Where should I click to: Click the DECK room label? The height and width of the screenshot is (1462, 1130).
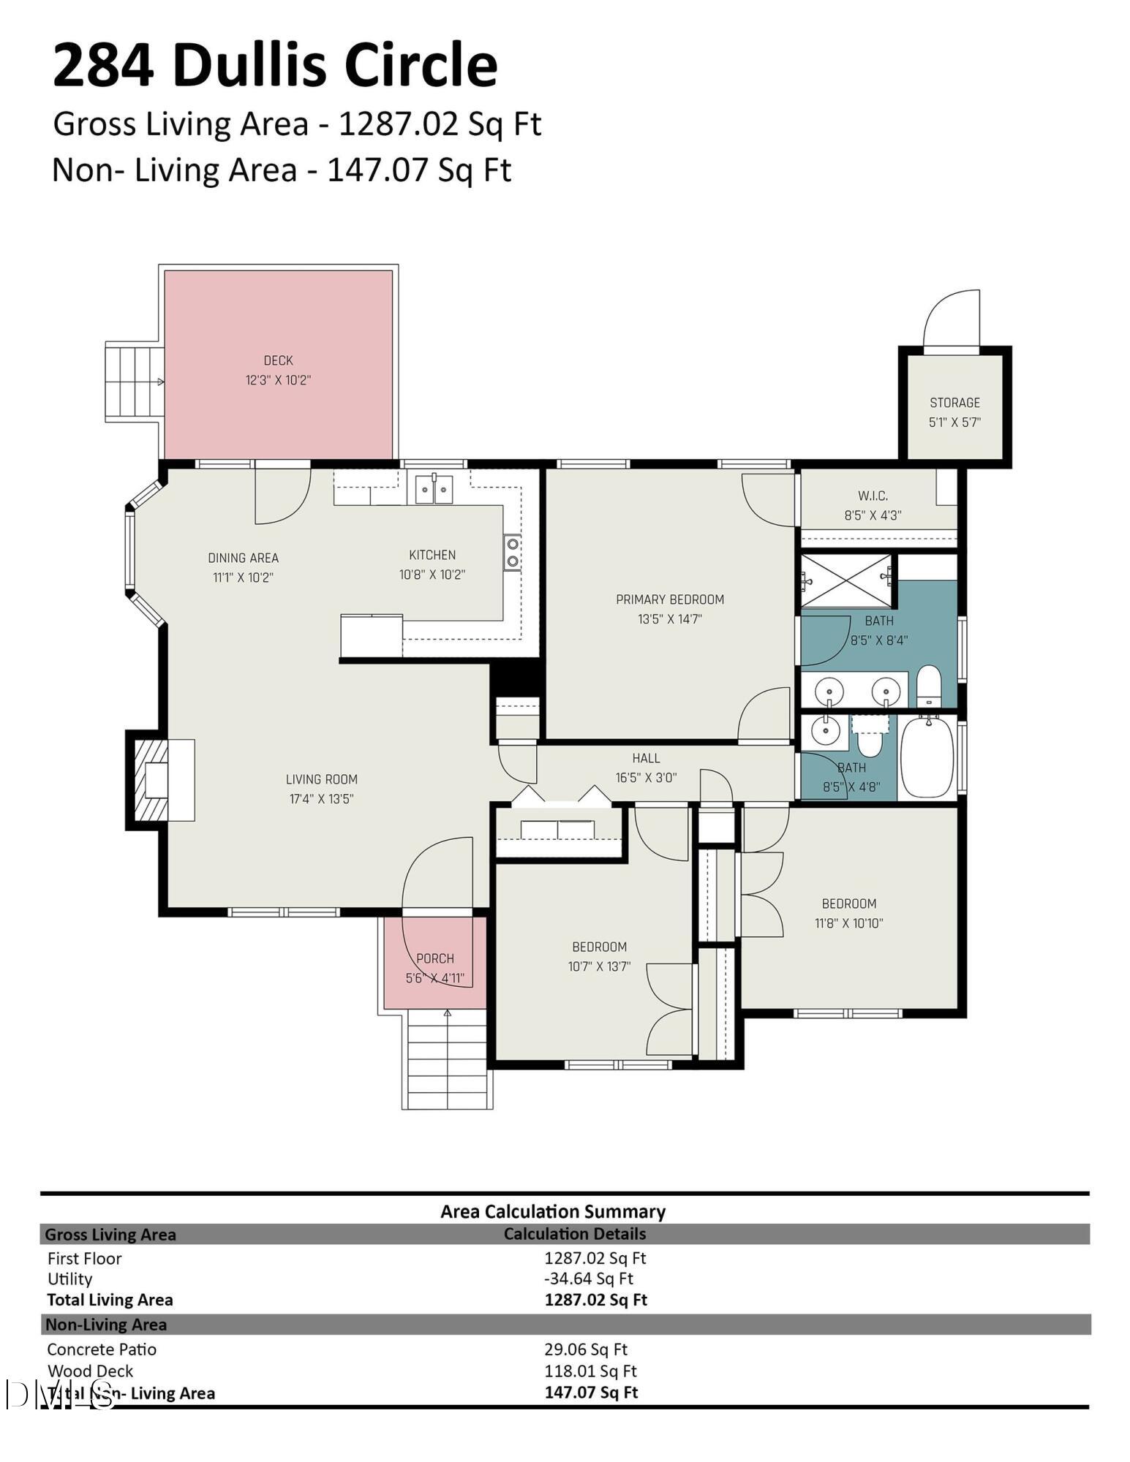pos(278,360)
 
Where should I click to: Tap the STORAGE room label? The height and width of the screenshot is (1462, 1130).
pos(954,403)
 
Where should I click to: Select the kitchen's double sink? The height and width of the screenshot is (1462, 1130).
pos(434,489)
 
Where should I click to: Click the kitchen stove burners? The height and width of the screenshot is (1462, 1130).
pos(512,553)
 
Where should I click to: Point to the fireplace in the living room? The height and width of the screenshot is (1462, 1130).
pos(161,780)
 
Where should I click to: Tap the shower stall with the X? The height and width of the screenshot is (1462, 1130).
pos(847,580)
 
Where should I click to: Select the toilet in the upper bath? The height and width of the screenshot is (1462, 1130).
pos(928,686)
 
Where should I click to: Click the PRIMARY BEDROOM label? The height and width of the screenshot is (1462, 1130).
pos(670,600)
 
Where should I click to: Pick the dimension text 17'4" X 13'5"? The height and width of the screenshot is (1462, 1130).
pos(322,799)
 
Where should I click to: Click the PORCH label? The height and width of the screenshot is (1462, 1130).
pos(435,958)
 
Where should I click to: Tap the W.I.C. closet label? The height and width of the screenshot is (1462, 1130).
pos(873,496)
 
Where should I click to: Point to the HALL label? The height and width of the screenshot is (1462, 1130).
pos(646,759)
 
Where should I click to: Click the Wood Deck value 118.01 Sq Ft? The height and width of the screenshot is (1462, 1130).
pos(590,1371)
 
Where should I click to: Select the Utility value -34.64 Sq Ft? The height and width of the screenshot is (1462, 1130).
pos(589,1279)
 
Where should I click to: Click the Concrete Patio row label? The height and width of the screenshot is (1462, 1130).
pos(102,1349)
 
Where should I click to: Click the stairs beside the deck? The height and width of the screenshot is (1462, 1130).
pos(135,381)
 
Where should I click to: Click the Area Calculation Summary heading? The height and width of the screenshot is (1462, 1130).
pos(553,1212)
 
